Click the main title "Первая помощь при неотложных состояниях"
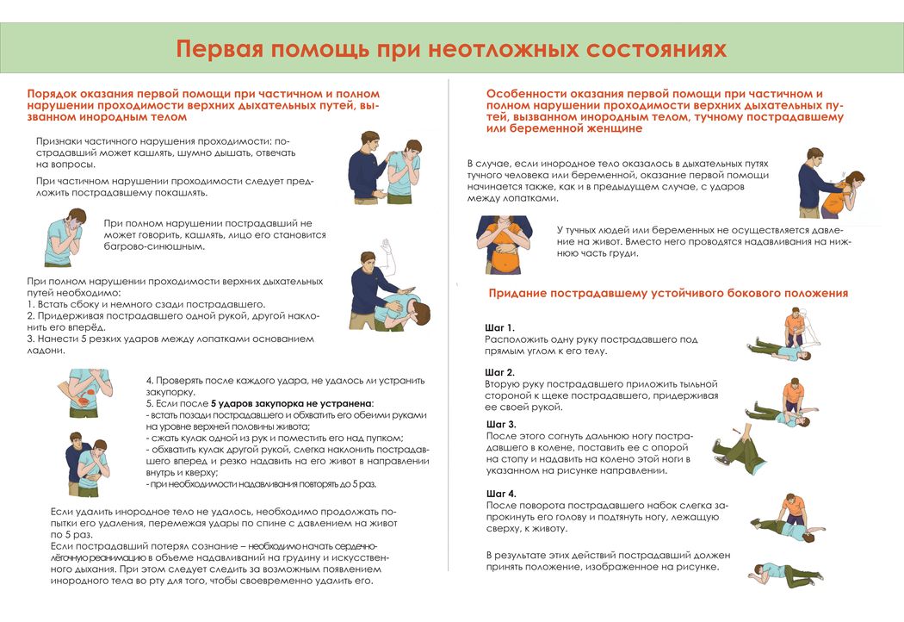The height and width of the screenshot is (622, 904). point(451,48)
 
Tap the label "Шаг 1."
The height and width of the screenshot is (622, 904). point(500,327)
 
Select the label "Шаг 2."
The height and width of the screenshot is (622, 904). point(500,372)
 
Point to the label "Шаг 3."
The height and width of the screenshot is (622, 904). point(501,425)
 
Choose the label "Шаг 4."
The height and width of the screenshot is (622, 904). point(501,493)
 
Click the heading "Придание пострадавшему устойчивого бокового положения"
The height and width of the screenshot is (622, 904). point(668,294)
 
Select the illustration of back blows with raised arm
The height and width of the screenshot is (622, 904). point(386,294)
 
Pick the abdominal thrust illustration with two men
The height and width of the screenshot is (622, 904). point(89,463)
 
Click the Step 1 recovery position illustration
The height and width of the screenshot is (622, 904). point(783,337)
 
